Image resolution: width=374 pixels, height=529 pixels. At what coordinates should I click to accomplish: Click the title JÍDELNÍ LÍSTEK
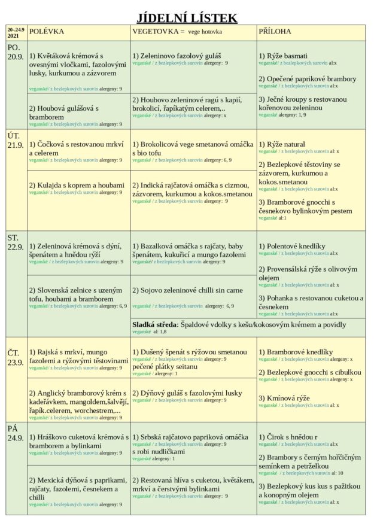(187, 18)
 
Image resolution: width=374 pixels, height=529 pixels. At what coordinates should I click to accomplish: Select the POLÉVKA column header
(47, 31)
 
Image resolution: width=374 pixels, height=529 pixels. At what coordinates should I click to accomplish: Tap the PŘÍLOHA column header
(275, 31)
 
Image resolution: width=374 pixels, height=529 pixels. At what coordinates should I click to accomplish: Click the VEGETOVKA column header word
(154, 31)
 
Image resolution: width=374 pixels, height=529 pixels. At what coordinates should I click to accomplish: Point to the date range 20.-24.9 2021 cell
(16, 32)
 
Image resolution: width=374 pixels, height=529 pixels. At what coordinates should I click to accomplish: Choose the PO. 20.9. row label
(16, 52)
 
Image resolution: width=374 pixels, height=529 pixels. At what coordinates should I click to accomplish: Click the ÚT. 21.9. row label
(16, 140)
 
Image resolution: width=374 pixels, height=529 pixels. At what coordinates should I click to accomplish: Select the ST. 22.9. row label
(16, 242)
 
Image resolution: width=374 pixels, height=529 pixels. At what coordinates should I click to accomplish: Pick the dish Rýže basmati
(284, 55)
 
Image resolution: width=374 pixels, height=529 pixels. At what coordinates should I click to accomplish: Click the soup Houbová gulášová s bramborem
(63, 113)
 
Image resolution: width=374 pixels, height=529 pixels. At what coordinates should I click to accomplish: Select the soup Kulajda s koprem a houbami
(77, 186)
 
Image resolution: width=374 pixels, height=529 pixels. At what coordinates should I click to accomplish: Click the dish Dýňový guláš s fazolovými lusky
(187, 393)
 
